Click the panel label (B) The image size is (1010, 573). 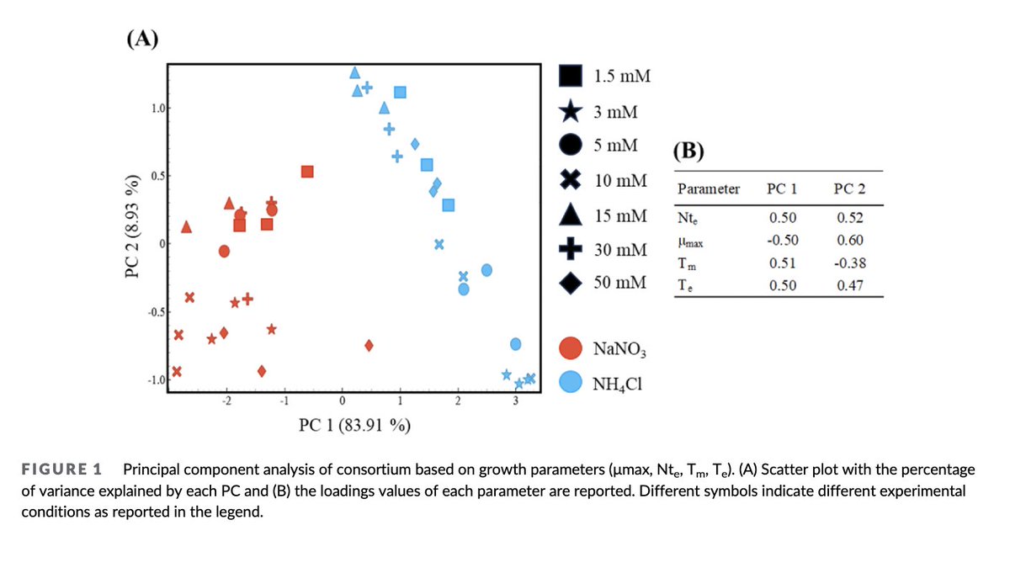(x=689, y=151)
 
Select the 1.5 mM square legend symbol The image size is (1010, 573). (x=571, y=76)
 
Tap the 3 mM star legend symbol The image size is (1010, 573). (x=571, y=110)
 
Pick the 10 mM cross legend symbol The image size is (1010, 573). (x=571, y=180)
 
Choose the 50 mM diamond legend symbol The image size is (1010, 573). (x=571, y=283)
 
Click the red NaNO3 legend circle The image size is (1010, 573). (x=571, y=348)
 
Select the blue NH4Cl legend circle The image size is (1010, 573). (x=571, y=382)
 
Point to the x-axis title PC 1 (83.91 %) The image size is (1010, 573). (x=354, y=423)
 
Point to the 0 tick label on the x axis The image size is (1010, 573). (x=342, y=399)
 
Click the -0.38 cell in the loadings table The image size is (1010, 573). (x=849, y=263)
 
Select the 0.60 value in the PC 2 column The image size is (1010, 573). (x=849, y=240)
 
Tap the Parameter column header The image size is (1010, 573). (x=708, y=188)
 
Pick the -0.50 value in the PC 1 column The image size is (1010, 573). (x=782, y=240)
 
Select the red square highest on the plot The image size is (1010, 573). (x=307, y=172)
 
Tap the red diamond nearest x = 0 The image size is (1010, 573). (x=369, y=345)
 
